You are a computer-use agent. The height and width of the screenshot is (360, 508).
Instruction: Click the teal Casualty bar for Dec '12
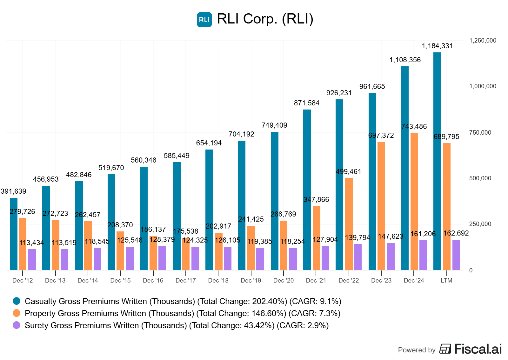coord(14,234)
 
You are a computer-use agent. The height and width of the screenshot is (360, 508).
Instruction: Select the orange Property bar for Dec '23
coord(381,206)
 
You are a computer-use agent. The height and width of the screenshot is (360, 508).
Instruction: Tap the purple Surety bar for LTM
coord(456,255)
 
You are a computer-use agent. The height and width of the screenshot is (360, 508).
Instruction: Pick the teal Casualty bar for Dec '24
coord(405,168)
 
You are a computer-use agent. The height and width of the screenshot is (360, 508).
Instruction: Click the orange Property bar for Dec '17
coord(186,254)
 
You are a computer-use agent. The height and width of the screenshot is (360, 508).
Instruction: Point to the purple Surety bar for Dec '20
coord(293,259)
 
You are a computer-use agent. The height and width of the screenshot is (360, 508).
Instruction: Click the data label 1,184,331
coord(437,46)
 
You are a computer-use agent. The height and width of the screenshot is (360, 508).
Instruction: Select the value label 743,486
coord(414,127)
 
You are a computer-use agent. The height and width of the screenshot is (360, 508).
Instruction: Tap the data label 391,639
coord(14,191)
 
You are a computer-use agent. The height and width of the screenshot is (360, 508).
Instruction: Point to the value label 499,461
coord(349,172)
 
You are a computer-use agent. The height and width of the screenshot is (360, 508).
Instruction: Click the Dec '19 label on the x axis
coord(251,281)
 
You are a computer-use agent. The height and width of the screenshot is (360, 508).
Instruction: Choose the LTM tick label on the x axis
coord(446,281)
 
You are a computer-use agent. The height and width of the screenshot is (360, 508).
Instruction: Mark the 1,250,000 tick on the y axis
coord(483,41)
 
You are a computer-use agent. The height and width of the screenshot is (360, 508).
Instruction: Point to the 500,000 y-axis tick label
coord(480,178)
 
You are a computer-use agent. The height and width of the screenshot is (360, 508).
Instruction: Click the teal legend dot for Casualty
coord(17,301)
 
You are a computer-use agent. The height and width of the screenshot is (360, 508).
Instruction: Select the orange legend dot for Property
coord(17,313)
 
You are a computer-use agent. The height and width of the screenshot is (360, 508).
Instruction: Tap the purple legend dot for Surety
coord(17,325)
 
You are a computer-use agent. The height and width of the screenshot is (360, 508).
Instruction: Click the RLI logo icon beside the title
coord(204,20)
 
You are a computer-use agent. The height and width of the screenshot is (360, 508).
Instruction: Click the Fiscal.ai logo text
coord(478,349)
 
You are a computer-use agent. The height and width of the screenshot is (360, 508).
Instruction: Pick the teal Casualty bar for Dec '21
coord(307,190)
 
